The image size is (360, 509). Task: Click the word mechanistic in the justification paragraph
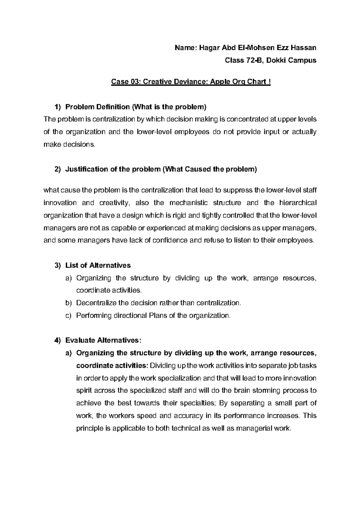[188, 203]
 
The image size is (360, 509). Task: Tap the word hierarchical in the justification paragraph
[298, 203]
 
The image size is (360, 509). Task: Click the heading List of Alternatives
[98, 266]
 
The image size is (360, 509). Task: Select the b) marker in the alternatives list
[69, 303]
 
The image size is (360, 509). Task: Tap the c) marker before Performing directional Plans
[69, 316]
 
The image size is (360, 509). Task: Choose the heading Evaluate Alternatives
[103, 341]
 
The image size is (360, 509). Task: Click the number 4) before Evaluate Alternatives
[57, 341]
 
